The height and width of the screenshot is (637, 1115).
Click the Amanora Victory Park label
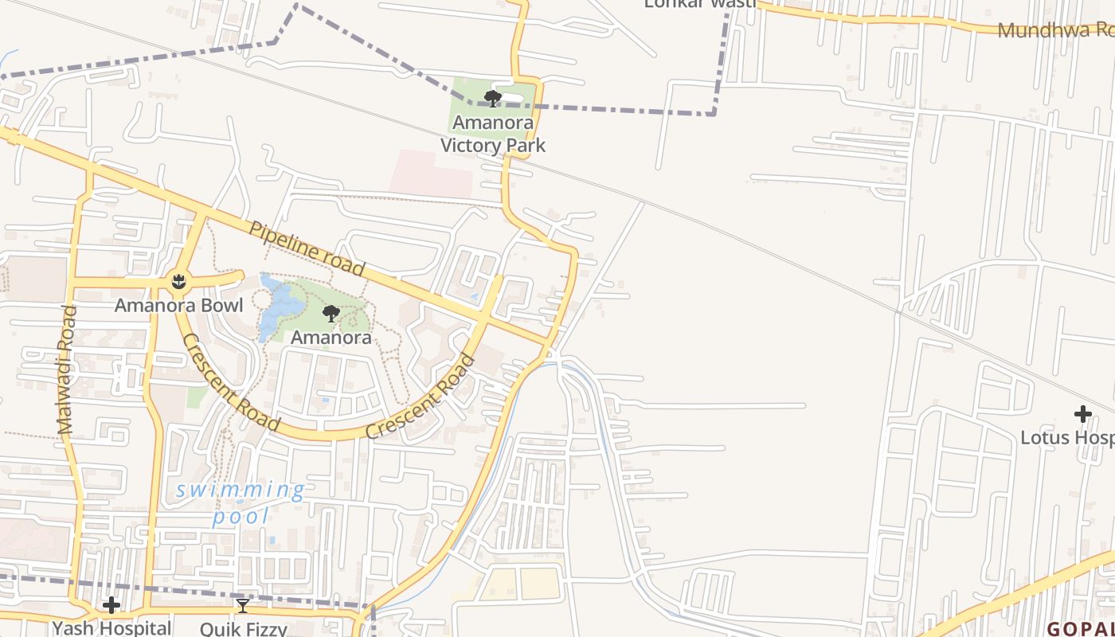pos(493,134)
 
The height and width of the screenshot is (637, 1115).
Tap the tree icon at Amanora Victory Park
pos(493,99)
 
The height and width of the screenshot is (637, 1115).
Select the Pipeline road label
pos(307,248)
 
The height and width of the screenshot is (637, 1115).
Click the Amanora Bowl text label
pos(178,306)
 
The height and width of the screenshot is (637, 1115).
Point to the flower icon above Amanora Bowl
pos(179,281)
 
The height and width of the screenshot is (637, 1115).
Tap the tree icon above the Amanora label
pos(331,314)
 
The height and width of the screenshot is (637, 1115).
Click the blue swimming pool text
pos(240,502)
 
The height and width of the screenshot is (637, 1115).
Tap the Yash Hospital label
pos(111,627)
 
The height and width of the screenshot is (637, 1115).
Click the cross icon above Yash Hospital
pos(111,605)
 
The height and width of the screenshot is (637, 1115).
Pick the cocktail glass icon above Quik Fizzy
pos(243,606)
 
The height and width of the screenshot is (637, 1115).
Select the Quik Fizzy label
pos(243,629)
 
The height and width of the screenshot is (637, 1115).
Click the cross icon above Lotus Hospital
pos(1082,414)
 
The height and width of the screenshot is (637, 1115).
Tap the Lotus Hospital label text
pos(1067,437)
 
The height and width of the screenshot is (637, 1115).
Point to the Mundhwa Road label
pos(1055,30)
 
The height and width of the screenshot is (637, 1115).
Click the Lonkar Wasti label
pos(699,4)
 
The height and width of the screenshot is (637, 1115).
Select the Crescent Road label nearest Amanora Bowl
pos(231,382)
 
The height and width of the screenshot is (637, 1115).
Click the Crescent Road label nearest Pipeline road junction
pos(421,397)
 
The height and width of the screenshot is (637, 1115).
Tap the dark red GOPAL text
pos(1080,628)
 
